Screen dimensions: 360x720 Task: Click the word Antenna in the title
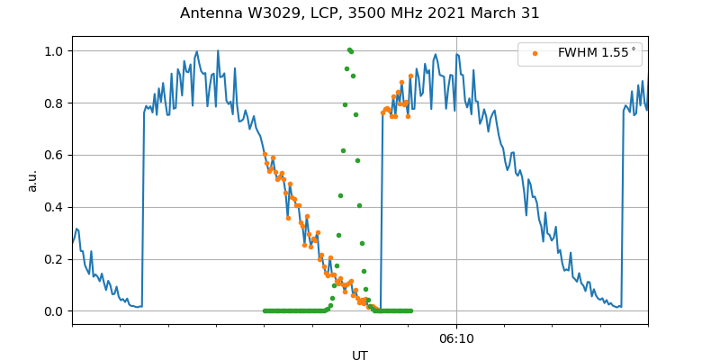pos(209,13)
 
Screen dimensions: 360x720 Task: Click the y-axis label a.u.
pos(33,180)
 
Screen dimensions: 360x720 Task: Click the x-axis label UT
pos(360,355)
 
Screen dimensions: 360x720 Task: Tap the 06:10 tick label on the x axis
pos(456,339)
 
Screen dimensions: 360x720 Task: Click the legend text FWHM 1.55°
pos(597,53)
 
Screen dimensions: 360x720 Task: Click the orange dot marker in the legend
pos(535,53)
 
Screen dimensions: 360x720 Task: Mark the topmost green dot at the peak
pos(349,49)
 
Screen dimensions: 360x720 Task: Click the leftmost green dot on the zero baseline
pos(265,311)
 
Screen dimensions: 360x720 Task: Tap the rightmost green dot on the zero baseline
pos(410,311)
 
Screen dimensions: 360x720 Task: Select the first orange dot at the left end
pos(265,154)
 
